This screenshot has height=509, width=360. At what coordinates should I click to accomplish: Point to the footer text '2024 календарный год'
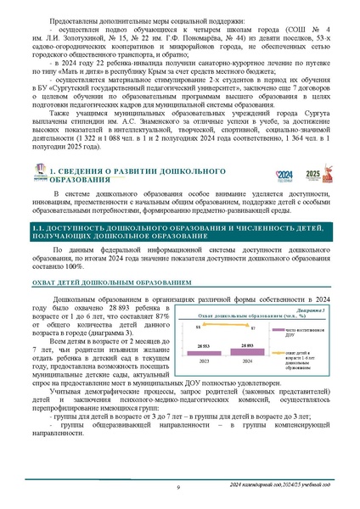256,482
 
